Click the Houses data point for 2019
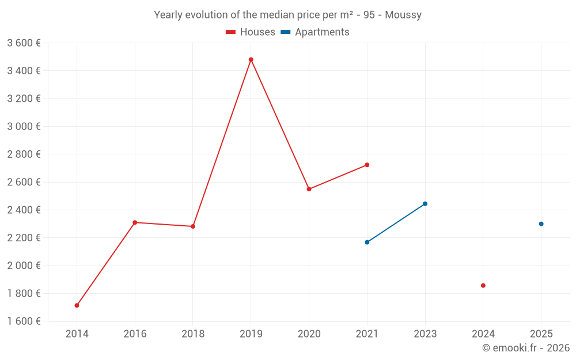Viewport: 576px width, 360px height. click(x=251, y=59)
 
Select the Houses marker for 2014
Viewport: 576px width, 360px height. click(x=77, y=305)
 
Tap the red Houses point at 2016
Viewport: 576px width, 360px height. click(x=135, y=222)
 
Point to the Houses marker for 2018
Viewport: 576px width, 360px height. click(x=193, y=226)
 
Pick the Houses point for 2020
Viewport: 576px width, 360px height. click(x=309, y=189)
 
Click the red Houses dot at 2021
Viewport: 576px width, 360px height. click(x=367, y=165)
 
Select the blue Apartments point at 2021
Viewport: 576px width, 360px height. click(x=367, y=242)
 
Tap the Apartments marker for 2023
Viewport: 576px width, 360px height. click(x=425, y=203)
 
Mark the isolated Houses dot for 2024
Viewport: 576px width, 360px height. click(x=483, y=286)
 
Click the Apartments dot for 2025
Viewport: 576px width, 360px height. click(x=541, y=224)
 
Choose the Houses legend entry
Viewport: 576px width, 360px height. click(x=251, y=32)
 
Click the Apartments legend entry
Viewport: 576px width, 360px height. click(x=315, y=32)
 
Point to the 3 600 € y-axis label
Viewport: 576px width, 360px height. click(x=24, y=43)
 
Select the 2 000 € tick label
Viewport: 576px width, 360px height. click(x=24, y=266)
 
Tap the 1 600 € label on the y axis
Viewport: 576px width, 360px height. click(x=24, y=321)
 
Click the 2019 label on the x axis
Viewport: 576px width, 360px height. click(x=251, y=334)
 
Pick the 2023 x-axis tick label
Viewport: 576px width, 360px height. click(x=425, y=334)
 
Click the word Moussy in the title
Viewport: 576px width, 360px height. click(x=403, y=15)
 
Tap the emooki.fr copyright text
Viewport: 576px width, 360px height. click(x=526, y=348)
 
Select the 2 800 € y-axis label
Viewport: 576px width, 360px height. click(x=24, y=154)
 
